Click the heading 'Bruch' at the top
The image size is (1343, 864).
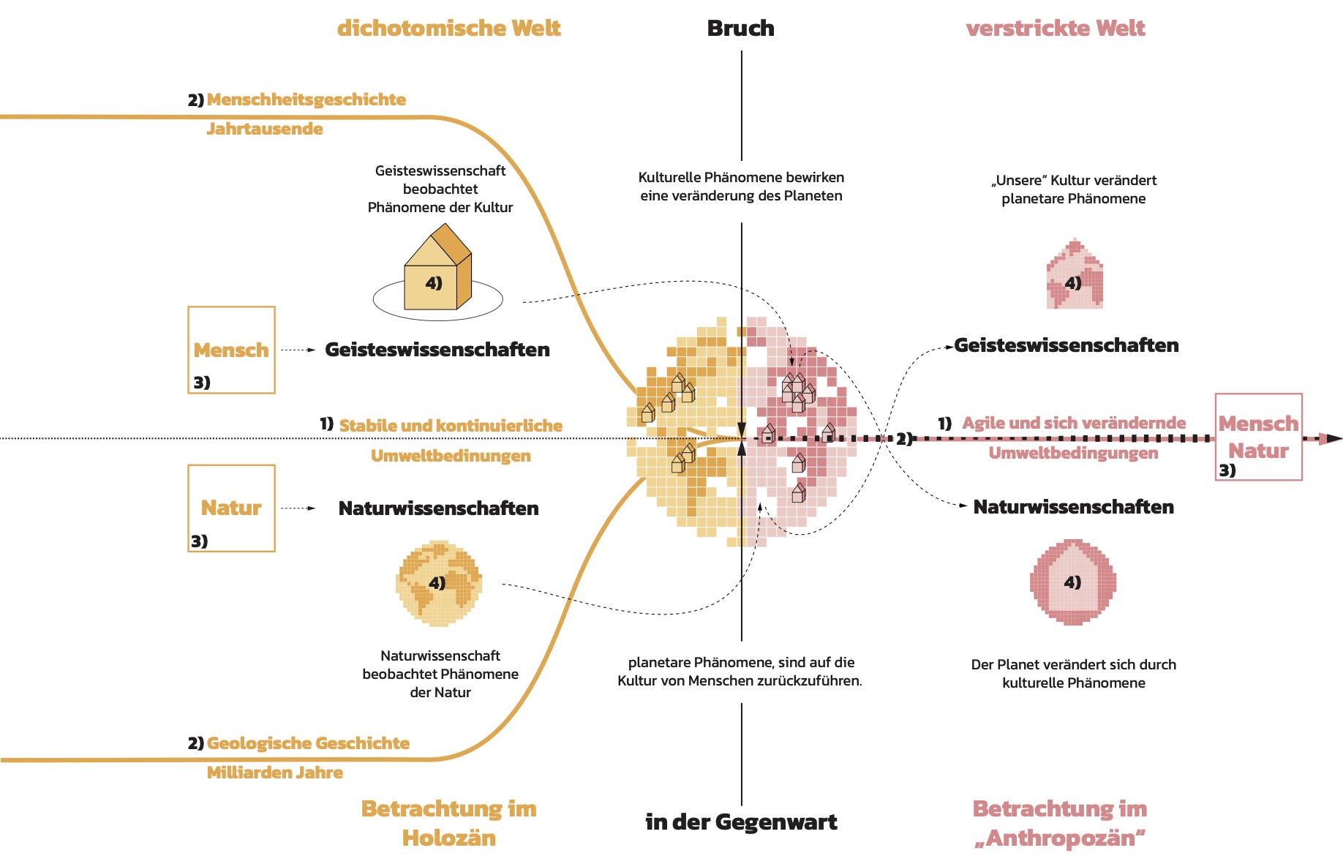pyautogui.click(x=740, y=29)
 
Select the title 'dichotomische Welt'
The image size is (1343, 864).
pyautogui.click(x=448, y=29)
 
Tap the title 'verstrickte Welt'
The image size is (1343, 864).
pyautogui.click(x=1055, y=29)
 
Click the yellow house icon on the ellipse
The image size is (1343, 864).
pyautogui.click(x=437, y=269)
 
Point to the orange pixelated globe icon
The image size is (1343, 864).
pyautogui.click(x=438, y=583)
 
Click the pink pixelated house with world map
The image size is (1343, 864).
pyautogui.click(x=1074, y=275)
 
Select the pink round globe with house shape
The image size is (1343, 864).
pyautogui.click(x=1073, y=582)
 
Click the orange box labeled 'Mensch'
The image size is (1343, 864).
pyautogui.click(x=231, y=350)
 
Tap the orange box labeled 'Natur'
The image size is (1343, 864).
pyautogui.click(x=231, y=508)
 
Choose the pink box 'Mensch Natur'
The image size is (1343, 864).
pyautogui.click(x=1258, y=437)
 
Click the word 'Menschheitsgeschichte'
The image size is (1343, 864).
pyautogui.click(x=306, y=99)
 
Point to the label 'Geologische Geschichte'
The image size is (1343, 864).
pyautogui.click(x=307, y=743)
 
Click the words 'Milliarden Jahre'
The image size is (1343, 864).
pyautogui.click(x=274, y=773)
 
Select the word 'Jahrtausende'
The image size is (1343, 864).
pyautogui.click(x=264, y=129)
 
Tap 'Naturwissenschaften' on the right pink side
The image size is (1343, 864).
pyautogui.click(x=1073, y=507)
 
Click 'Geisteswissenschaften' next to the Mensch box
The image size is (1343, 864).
pyautogui.click(x=437, y=350)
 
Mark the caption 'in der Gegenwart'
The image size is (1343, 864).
pyautogui.click(x=740, y=822)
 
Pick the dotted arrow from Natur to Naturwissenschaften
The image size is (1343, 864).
pyautogui.click(x=298, y=508)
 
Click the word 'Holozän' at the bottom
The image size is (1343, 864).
pyautogui.click(x=448, y=838)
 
